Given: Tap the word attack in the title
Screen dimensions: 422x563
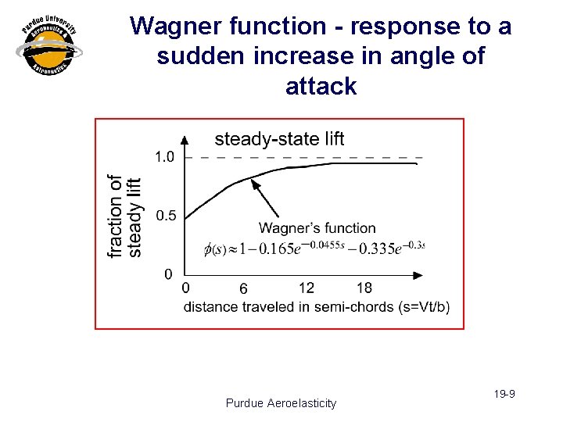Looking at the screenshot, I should [321, 86].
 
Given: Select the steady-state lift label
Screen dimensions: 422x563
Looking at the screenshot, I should [279, 139].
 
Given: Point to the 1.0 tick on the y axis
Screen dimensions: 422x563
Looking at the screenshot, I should [164, 157].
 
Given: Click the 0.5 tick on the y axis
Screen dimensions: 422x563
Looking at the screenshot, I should [166, 216].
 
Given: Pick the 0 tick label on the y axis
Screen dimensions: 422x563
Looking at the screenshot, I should [168, 274].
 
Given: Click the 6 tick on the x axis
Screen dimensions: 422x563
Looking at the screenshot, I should [244, 288].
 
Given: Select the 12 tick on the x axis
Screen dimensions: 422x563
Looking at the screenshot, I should [307, 288].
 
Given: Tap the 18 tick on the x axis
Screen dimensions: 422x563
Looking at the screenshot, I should [364, 288].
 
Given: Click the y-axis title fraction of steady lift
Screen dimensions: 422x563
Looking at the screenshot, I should [124, 216].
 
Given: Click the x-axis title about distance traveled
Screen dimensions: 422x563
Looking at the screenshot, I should [317, 306].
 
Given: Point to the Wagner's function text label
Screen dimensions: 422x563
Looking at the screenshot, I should [317, 228].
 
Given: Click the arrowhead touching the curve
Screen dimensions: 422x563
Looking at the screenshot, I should [253, 183].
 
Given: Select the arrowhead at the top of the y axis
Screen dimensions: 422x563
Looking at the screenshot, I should [185, 139].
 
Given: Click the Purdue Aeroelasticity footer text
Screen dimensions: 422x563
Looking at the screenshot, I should [281, 403].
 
